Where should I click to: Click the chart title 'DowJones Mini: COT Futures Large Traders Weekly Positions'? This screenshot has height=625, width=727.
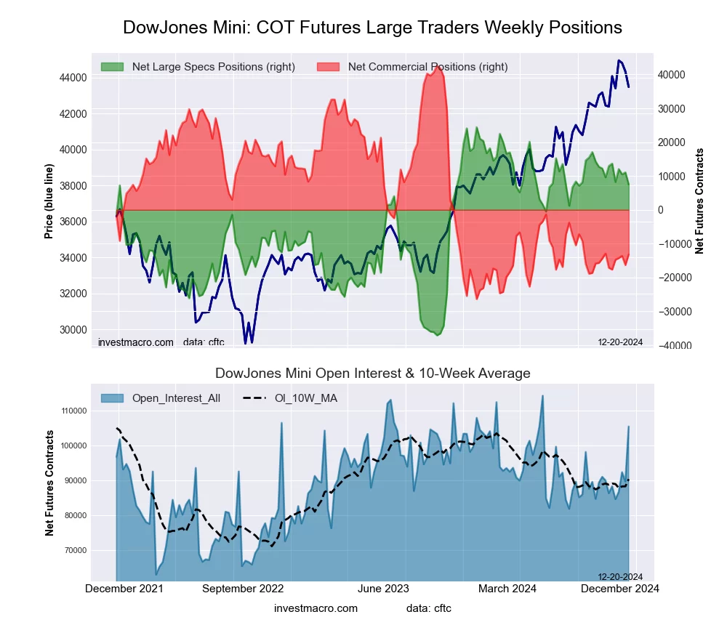[372, 28]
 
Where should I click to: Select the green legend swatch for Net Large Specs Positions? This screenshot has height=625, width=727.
[112, 67]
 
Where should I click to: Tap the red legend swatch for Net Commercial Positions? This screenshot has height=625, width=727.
[328, 67]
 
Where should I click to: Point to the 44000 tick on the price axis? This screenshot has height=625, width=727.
[72, 78]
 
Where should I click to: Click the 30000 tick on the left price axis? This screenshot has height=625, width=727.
[72, 330]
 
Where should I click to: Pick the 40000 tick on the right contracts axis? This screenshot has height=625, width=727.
[673, 75]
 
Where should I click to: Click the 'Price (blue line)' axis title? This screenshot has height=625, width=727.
[49, 202]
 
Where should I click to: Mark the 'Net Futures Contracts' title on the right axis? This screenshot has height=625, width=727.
[700, 201]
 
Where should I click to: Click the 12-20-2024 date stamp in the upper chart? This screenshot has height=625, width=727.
[619, 342]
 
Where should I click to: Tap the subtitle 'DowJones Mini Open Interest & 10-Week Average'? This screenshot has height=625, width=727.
[372, 374]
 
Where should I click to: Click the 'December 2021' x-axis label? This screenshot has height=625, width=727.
[124, 589]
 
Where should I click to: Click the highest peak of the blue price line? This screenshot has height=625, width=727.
[619, 60]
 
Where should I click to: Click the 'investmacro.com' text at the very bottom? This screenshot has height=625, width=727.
[316, 608]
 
